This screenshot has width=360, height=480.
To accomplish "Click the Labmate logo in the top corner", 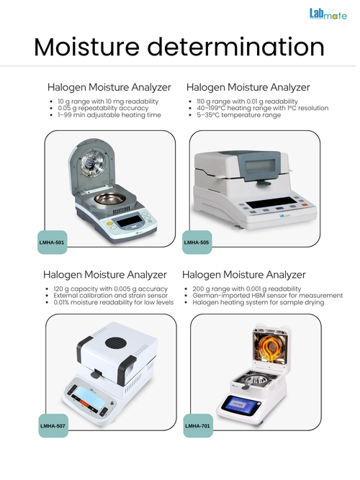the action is (x=328, y=14).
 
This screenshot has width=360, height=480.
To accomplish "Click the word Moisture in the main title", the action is (x=86, y=47).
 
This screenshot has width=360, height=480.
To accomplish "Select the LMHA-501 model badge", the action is (x=52, y=242).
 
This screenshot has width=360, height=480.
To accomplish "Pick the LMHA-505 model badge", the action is (x=197, y=242).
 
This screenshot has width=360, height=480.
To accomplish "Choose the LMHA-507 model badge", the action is (x=53, y=425).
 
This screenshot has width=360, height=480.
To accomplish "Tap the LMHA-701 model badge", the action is (x=198, y=425).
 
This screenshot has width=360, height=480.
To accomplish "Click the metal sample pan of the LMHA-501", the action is (x=109, y=199).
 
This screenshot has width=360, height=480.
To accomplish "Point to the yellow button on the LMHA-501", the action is (x=109, y=224).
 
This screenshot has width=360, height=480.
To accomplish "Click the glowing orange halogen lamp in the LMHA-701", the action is (x=270, y=348).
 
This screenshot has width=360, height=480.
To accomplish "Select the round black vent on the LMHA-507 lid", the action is (x=115, y=343).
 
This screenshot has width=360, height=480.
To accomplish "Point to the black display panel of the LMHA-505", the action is (x=271, y=203).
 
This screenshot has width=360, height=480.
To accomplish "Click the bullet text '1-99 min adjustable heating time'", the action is (x=109, y=115).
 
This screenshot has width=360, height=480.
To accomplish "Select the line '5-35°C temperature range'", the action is (x=239, y=115).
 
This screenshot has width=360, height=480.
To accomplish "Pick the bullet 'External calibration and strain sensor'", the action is (x=111, y=295).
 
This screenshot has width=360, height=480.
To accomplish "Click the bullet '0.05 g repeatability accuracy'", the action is (x=103, y=108).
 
